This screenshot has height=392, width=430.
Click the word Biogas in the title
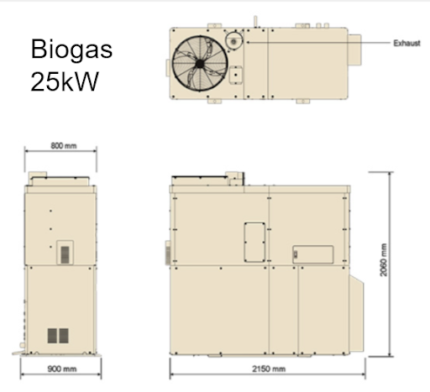click(71, 49)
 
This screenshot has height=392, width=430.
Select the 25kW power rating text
click(62, 82)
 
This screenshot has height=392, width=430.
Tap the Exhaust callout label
click(406, 42)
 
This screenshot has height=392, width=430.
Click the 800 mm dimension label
click(61, 146)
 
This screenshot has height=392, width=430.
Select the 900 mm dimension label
click(60, 369)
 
